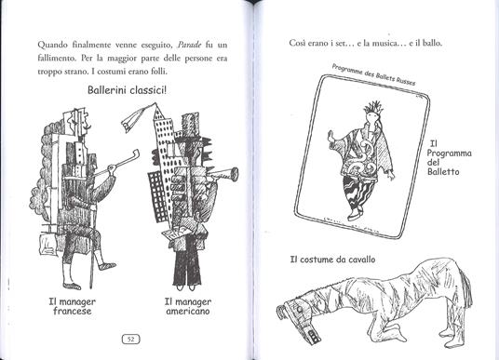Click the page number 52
[x=130, y=340]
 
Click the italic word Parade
[x=189, y=45]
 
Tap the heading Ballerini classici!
[x=127, y=90]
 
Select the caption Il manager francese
[x=73, y=306]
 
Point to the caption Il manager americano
[x=188, y=306]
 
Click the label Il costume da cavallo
[x=332, y=260]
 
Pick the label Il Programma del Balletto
[x=449, y=158]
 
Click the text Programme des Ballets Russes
[x=373, y=74]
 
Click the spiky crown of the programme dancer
[x=373, y=108]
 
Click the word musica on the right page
[x=385, y=43]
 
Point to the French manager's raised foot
[x=107, y=265]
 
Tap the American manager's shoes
[x=186, y=287]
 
